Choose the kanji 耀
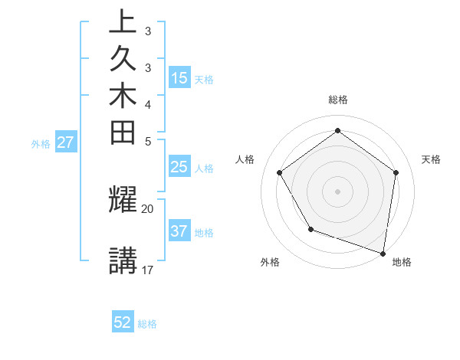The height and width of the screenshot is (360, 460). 123,199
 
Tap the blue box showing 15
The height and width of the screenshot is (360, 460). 179,78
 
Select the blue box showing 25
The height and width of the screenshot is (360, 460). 179,167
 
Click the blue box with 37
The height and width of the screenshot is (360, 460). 179,231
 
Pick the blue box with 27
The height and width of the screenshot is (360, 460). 65,142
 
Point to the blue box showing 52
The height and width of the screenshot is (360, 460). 123,322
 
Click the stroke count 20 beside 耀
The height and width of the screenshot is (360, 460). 148,208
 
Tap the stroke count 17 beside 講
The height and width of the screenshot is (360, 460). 148,270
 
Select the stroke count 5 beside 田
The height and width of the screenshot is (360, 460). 148,141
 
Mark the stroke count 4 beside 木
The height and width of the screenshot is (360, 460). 148,104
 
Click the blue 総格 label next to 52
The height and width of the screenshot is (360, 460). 147,324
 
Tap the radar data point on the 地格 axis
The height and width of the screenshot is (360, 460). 383,252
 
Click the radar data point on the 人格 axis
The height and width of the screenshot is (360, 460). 280,172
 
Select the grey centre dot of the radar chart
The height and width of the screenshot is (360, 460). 337,191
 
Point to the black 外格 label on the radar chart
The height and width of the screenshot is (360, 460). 270,262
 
